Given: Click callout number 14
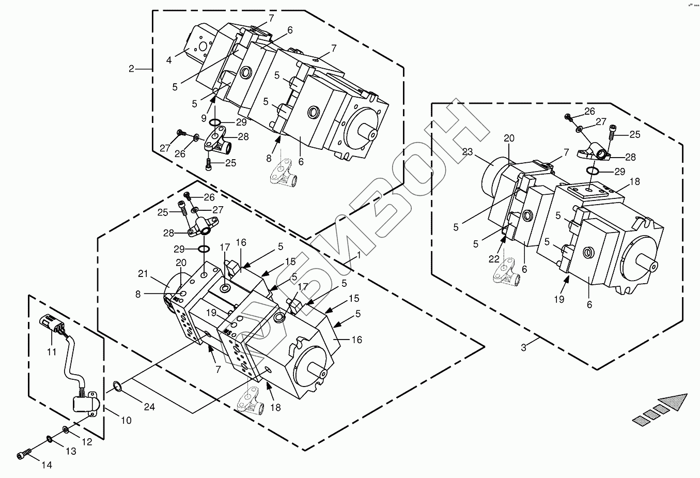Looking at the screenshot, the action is point(46,465).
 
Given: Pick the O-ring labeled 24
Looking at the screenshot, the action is point(117,386).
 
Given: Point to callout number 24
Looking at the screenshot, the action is point(149,407).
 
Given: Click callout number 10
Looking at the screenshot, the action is point(126,421).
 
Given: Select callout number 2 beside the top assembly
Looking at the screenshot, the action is point(132,68).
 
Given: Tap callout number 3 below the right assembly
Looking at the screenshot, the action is point(523,348).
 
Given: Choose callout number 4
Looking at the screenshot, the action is point(169,60).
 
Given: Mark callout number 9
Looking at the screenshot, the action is point(205,117).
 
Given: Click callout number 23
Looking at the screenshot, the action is point(468,152).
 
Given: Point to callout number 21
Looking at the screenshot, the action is point(143,273).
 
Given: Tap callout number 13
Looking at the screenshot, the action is point(71,451).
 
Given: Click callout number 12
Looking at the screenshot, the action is point(87,442).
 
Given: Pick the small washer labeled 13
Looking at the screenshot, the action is point(49,439).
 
